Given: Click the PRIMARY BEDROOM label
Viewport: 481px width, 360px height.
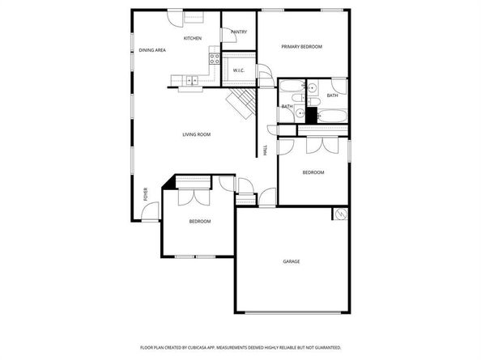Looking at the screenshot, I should [301, 47].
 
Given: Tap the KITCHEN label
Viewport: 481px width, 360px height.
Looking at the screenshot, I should [192, 38].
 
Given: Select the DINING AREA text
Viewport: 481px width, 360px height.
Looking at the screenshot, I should [152, 50].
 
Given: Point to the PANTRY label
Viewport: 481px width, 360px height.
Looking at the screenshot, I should [238, 32].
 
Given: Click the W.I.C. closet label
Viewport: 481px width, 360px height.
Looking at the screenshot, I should [239, 71].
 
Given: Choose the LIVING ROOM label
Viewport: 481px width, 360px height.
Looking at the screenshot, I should [196, 134].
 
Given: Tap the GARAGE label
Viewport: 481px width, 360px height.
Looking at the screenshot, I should [292, 262].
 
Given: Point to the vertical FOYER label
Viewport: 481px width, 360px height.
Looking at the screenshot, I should [146, 194].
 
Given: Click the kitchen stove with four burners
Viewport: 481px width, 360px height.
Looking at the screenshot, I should [215, 57].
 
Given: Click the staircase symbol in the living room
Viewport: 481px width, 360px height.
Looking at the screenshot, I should [241, 102].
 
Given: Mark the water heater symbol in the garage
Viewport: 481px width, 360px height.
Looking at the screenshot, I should [341, 214].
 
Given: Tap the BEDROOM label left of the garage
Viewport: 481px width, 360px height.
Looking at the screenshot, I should [200, 221].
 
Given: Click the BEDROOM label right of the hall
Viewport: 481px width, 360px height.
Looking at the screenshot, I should [313, 172].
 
